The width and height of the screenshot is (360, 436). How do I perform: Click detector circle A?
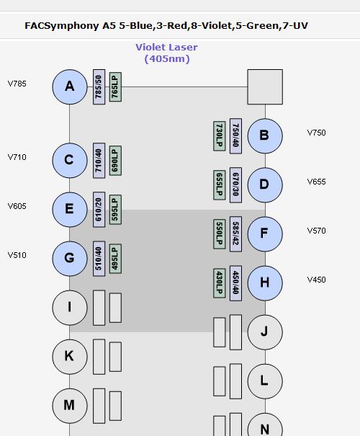click(x=70, y=86)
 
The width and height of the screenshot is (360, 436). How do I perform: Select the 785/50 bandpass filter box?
click(x=99, y=86)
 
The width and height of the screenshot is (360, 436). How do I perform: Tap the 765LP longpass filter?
click(x=115, y=86)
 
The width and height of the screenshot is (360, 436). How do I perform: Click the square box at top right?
click(x=265, y=86)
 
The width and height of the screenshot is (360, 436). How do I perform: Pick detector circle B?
click(x=265, y=136)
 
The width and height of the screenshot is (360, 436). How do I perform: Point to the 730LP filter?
click(x=219, y=136)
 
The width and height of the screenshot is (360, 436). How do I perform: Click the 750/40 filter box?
click(x=235, y=136)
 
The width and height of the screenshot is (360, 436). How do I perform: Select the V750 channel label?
click(x=316, y=133)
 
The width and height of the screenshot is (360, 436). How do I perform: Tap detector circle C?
click(x=70, y=161)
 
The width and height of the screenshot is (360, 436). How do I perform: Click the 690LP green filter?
click(x=115, y=161)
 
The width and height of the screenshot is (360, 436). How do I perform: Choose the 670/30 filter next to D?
click(x=235, y=185)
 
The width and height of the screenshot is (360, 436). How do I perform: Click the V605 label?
click(x=17, y=206)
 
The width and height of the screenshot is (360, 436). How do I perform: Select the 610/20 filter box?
click(x=99, y=210)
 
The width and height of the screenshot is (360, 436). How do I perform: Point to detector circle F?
click(x=265, y=234)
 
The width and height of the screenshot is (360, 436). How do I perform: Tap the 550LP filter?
click(x=219, y=234)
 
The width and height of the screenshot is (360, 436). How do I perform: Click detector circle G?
click(x=70, y=259)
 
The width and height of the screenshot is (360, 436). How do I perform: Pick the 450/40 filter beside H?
click(x=235, y=283)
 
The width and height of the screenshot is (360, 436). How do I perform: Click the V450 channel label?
click(x=316, y=280)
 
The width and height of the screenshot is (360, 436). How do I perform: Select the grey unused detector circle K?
click(x=70, y=357)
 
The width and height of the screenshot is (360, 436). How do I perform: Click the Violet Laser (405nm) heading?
click(x=166, y=53)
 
